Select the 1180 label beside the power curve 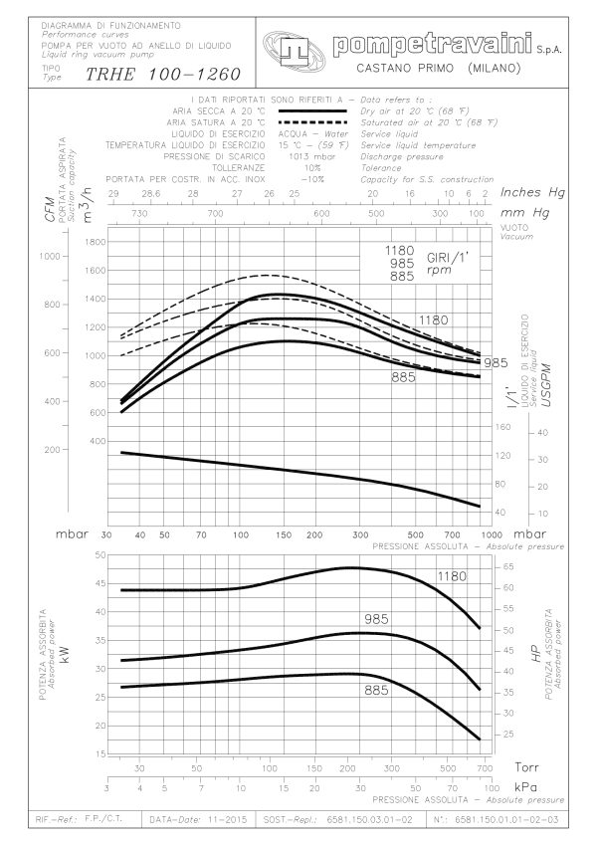click(x=452, y=576)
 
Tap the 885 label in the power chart click(x=375, y=689)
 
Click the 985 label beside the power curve click(x=375, y=619)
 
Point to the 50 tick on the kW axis click(x=98, y=554)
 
